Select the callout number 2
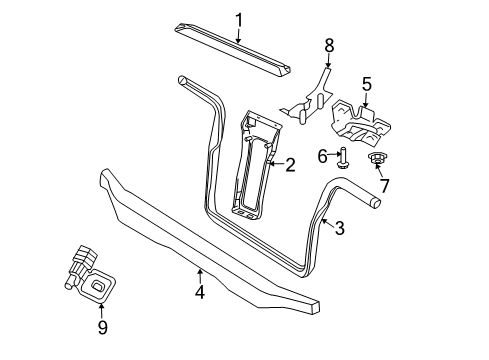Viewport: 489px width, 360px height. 290,165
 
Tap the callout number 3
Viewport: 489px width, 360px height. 339,228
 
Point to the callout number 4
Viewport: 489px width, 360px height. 200,292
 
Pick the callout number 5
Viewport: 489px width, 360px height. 366,85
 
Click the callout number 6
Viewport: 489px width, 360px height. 322,155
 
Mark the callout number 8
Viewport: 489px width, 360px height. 328,45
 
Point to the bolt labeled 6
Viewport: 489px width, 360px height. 344,157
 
